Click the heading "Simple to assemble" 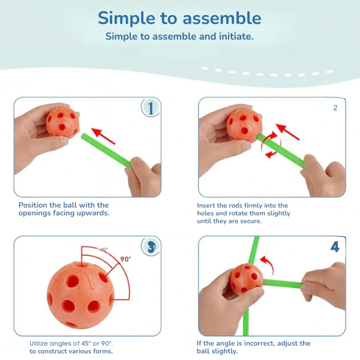179,19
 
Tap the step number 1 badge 151,108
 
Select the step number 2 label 335,107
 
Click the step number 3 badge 151,247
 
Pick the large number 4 335,247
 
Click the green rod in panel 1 107,150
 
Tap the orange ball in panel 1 62,122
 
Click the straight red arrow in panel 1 103,136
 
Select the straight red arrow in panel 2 287,132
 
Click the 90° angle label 125,259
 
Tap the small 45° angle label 104,250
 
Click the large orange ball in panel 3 80,295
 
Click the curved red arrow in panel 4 268,264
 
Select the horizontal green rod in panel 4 283,283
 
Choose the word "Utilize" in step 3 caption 39,343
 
